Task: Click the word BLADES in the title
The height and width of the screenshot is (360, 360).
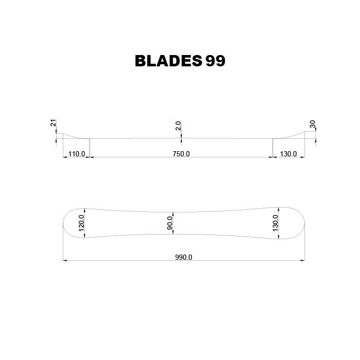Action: (168, 61)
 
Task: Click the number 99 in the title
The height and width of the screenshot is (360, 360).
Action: (215, 61)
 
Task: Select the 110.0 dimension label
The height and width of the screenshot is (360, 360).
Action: (76, 154)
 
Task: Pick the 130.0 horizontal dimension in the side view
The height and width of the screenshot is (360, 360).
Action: (287, 154)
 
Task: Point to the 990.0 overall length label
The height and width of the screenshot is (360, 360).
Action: (183, 257)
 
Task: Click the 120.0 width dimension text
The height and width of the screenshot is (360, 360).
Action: (81, 223)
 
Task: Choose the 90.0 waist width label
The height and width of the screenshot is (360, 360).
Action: (170, 223)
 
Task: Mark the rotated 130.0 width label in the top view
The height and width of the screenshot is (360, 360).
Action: (275, 223)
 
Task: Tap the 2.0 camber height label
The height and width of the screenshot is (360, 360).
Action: (178, 126)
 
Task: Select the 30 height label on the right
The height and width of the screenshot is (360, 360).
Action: (312, 124)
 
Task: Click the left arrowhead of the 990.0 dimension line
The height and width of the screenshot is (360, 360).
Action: (65, 260)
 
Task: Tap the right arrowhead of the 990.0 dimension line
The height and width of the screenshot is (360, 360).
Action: (302, 260)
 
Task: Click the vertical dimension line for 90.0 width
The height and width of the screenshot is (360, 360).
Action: (174, 223)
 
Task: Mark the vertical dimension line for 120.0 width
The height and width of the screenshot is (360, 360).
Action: (85, 223)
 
